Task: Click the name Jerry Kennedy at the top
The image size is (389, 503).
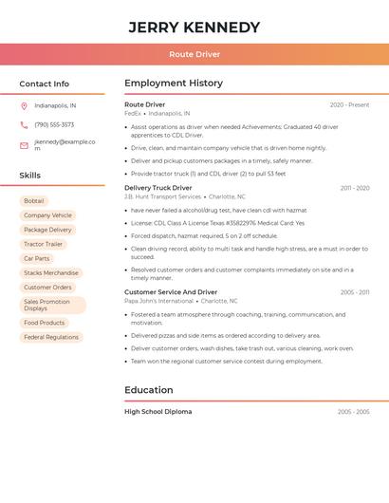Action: (x=194, y=27)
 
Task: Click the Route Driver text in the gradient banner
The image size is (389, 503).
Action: (x=194, y=54)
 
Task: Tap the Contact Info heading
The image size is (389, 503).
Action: (x=45, y=84)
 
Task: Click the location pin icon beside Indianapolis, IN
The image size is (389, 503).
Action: (x=24, y=105)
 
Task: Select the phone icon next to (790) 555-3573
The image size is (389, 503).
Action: (x=24, y=124)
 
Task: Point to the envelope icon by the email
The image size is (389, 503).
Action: (x=24, y=145)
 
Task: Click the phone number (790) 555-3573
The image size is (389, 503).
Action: (x=54, y=124)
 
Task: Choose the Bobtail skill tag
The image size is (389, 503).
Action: (x=34, y=201)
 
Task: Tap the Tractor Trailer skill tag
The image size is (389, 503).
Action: (x=43, y=244)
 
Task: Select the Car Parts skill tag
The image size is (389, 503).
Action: (x=36, y=258)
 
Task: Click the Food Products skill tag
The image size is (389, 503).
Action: (x=44, y=323)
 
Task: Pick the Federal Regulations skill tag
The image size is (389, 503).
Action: (x=51, y=337)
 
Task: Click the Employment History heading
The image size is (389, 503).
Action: (x=174, y=84)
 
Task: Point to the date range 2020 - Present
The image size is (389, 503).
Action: (x=349, y=104)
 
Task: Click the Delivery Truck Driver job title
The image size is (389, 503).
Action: (x=157, y=188)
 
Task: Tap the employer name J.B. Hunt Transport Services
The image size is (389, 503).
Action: (x=162, y=196)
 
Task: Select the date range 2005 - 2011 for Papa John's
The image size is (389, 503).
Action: (x=355, y=292)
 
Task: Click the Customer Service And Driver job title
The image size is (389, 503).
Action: (x=171, y=292)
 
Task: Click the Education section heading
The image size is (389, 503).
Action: (x=149, y=390)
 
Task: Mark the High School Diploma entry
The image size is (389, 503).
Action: (x=157, y=412)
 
